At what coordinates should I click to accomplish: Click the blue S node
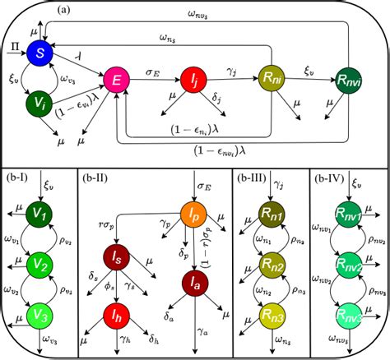39,53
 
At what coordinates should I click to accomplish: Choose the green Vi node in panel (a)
38,103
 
